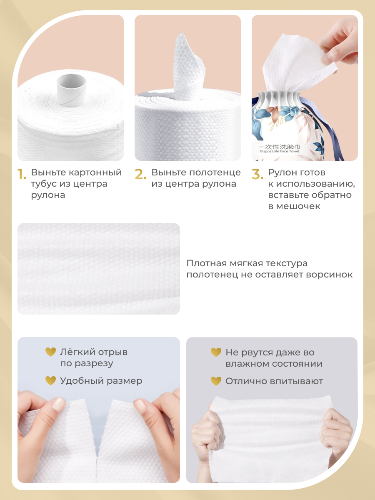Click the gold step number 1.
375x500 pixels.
pos(22,174)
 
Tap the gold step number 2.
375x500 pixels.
pos(140,174)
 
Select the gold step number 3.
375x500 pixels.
pos(257,174)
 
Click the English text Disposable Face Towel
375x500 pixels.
pos(279,151)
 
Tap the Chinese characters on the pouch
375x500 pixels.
pos(279,147)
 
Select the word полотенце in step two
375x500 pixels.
pos(215,172)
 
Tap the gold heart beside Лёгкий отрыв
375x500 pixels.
pos(50,352)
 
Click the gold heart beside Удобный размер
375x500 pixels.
pos(50,381)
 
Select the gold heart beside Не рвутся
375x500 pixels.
pos(216,352)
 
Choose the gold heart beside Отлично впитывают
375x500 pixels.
pos(216,381)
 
